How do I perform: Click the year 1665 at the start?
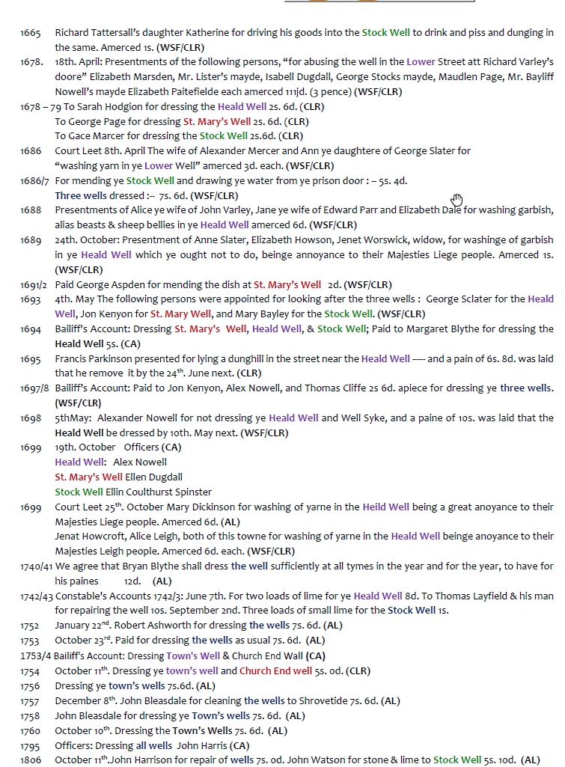click(x=31, y=33)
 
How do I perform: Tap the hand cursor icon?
click(x=457, y=199)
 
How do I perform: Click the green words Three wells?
click(x=82, y=196)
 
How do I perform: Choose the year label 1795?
click(x=31, y=745)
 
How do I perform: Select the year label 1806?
click(x=31, y=760)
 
